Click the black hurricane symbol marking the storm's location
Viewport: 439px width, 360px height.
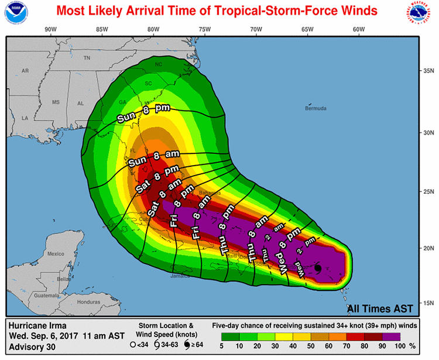[317, 268]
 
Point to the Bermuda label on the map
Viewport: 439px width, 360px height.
[317, 108]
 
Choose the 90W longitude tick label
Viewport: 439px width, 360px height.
[50, 29]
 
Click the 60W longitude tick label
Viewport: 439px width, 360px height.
[358, 29]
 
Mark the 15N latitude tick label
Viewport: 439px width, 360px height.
[428, 303]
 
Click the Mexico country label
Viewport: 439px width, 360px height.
[56, 253]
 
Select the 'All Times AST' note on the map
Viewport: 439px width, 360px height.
[380, 308]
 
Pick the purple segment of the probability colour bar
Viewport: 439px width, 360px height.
[392, 337]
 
